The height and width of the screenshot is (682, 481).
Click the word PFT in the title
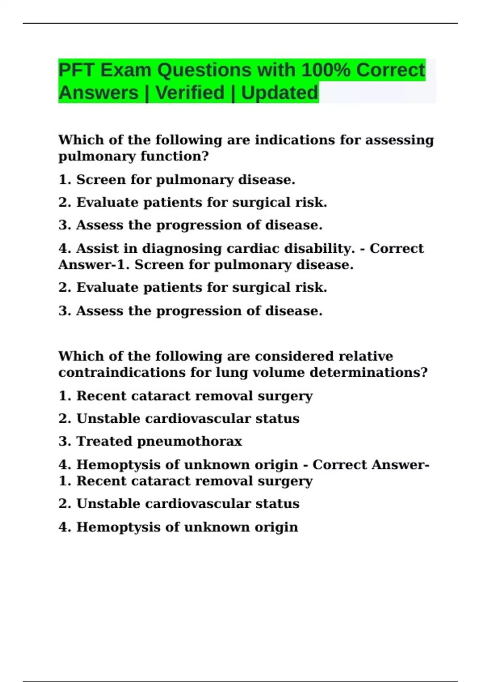[76, 70]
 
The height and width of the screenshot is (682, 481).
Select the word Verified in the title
[190, 93]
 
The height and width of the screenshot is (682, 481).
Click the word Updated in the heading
[280, 93]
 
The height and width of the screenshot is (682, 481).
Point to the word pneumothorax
[190, 442]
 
